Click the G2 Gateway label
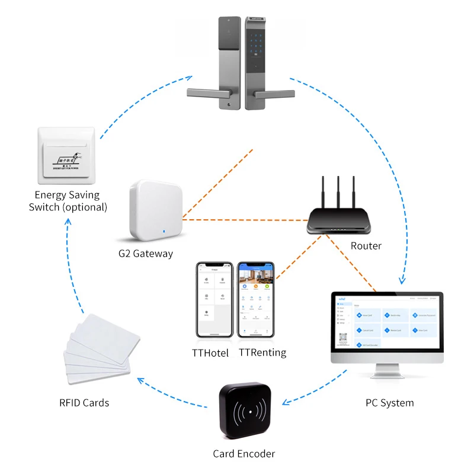[146, 254]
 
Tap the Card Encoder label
[244, 454]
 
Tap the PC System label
[389, 403]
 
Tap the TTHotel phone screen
[213, 301]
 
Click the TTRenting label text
[262, 353]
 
